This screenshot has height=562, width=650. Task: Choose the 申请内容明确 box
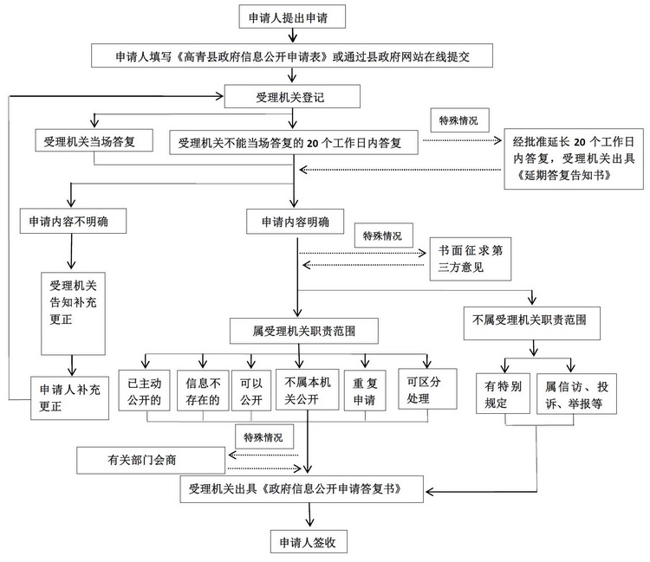click(x=295, y=221)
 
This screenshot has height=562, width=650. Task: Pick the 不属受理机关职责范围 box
click(x=531, y=320)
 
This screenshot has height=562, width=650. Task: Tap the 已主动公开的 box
click(x=145, y=389)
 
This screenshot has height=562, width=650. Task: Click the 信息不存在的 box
click(x=204, y=389)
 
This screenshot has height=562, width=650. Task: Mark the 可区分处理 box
click(x=426, y=389)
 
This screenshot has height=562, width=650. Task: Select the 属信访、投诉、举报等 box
click(x=575, y=395)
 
